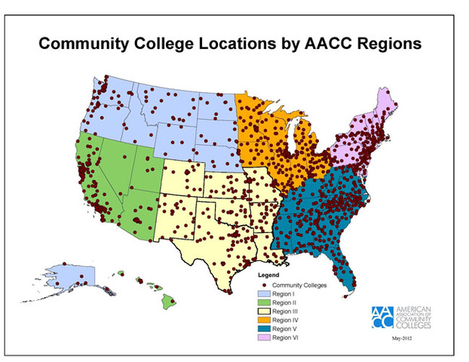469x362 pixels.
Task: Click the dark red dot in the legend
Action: pos(265,285)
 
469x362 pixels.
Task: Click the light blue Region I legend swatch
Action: pos(265,294)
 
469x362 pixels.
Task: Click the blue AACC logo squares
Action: pos(382,316)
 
